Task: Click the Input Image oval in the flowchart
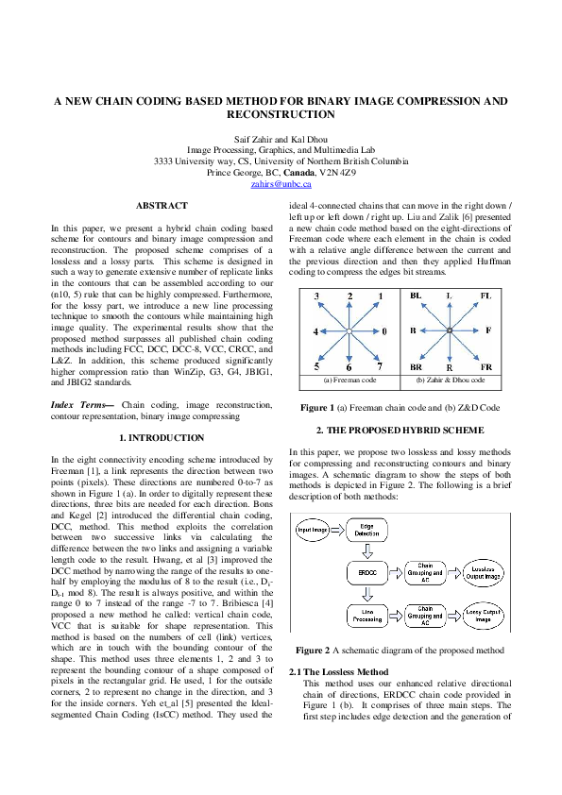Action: pos(316,531)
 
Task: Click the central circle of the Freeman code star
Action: pos(349,332)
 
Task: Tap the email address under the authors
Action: pos(281,187)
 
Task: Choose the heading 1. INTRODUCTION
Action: pos(162,438)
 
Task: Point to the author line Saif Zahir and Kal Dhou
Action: pos(281,138)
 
